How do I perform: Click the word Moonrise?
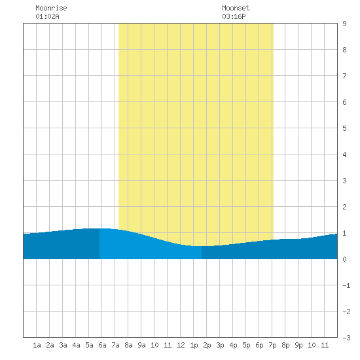pyautogui.click(x=51, y=8)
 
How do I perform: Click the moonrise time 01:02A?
pyautogui.click(x=47, y=16)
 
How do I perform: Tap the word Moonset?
pyautogui.click(x=236, y=8)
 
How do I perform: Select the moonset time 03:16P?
pyautogui.click(x=234, y=16)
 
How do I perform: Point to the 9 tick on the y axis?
pyautogui.click(x=344, y=24)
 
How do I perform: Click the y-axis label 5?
pyautogui.click(x=344, y=128)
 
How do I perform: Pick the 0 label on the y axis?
pyautogui.click(x=344, y=259)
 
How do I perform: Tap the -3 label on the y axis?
pyautogui.click(x=346, y=338)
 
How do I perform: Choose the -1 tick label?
pyautogui.click(x=346, y=285)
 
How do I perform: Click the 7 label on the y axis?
pyautogui.click(x=344, y=76)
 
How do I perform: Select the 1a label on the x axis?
pyautogui.click(x=37, y=345)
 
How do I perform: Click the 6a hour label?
pyautogui.click(x=102, y=345)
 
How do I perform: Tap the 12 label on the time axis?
pyautogui.click(x=181, y=345)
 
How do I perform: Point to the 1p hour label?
pyautogui.click(x=194, y=345)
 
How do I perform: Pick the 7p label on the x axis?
pyautogui.click(x=272, y=345)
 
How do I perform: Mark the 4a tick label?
pyautogui.click(x=76, y=345)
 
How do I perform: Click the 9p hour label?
pyautogui.click(x=298, y=345)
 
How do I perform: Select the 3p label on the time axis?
pyautogui.click(x=220, y=345)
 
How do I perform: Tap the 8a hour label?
pyautogui.click(x=128, y=345)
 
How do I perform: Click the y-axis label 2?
pyautogui.click(x=344, y=207)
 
